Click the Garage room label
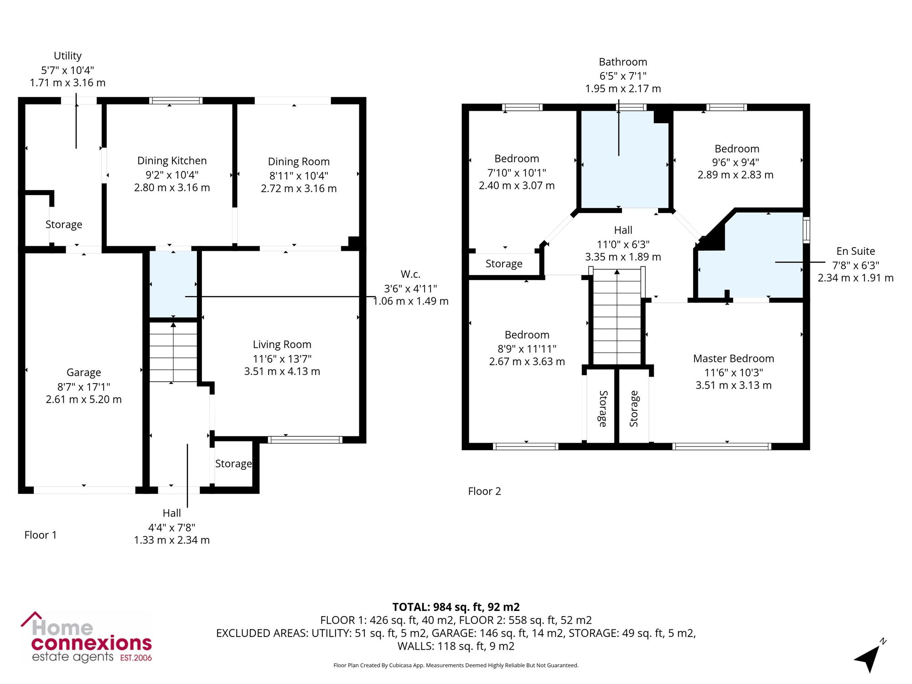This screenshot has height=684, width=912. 83,373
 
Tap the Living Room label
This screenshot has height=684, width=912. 282,344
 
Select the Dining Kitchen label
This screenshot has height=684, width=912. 172,161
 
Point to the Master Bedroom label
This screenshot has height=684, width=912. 734,358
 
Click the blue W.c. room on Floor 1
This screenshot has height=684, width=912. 173,284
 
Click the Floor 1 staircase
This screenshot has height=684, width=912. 173,352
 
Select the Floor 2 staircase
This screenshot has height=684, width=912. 617,316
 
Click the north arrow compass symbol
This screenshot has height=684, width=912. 870,657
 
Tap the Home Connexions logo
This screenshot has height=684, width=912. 87,637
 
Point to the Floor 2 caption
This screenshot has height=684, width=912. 484,491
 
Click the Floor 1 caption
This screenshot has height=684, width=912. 41,535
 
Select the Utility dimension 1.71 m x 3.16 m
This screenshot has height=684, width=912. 67,83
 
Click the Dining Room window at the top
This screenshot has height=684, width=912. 293,101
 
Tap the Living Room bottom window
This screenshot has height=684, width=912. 305,440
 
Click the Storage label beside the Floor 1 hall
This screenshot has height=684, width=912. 233,464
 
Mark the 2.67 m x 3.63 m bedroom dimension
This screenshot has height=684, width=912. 527,362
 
